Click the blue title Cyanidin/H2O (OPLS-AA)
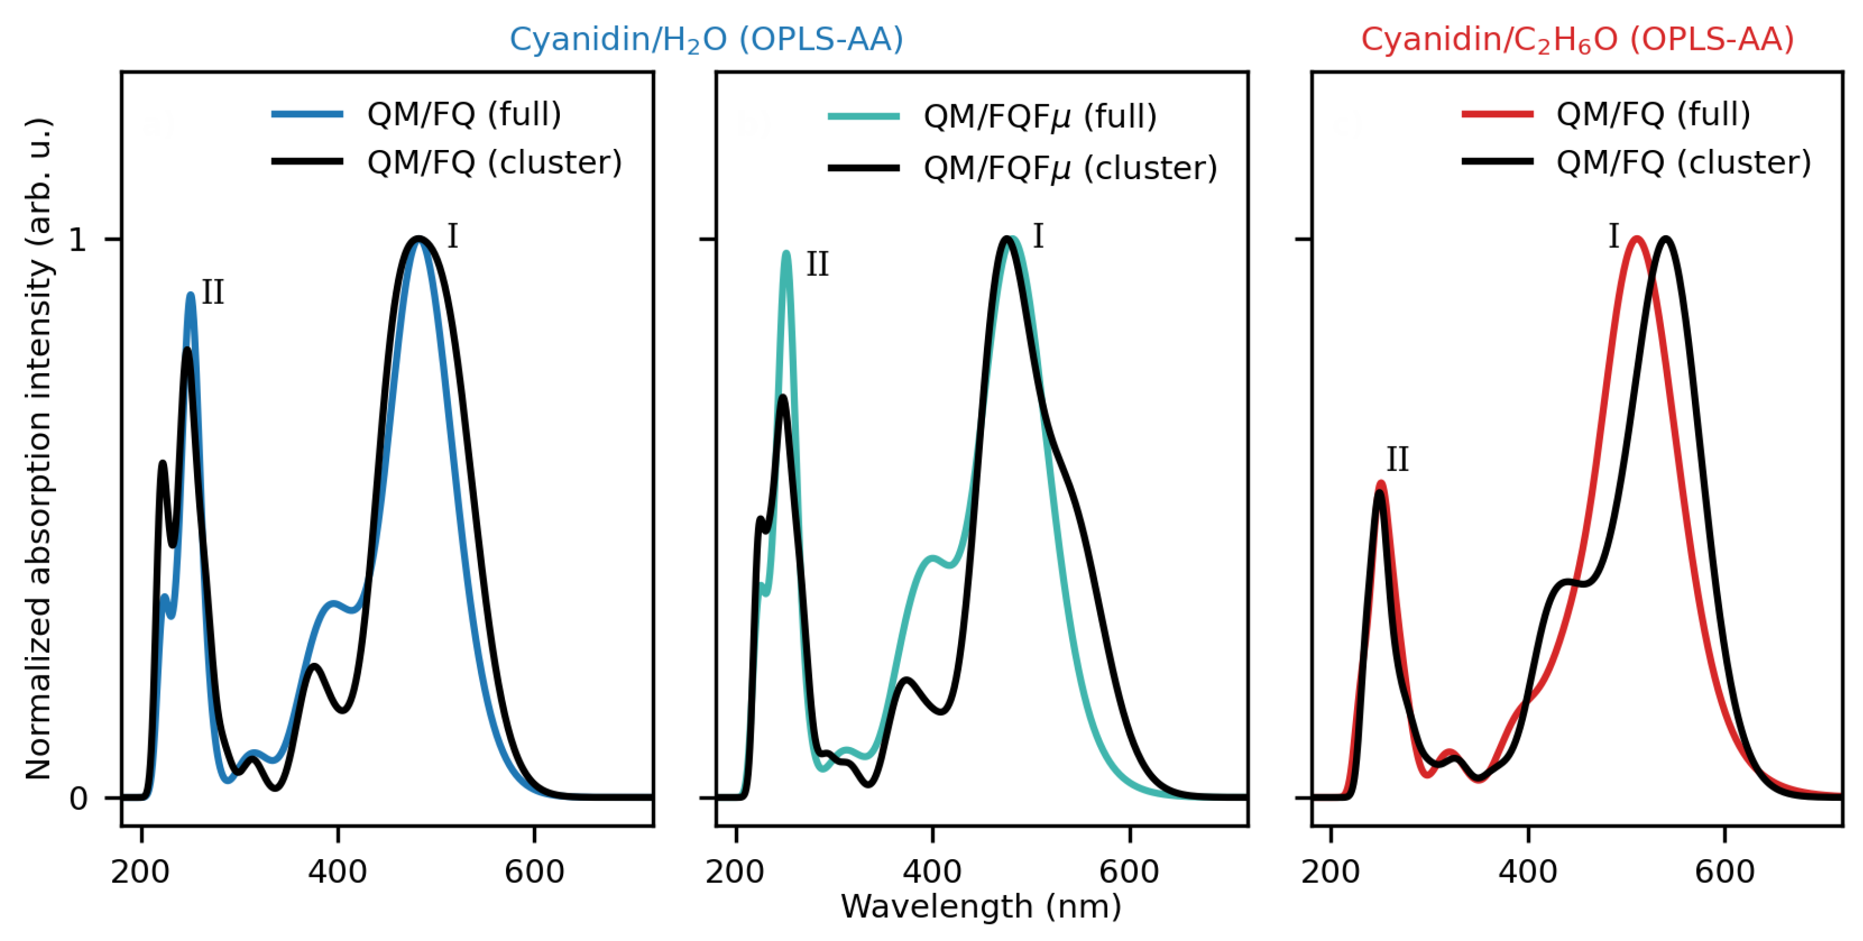pyautogui.click(x=707, y=39)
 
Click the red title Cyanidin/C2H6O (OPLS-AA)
pyautogui.click(x=1577, y=39)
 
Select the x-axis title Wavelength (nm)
pyautogui.click(x=980, y=906)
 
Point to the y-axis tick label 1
pyautogui.click(x=77, y=239)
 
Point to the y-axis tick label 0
pyautogui.click(x=77, y=798)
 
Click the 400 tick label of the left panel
pyautogui.click(x=337, y=872)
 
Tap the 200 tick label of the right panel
pyautogui.click(x=1331, y=872)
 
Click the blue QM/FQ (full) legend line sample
pyautogui.click(x=307, y=113)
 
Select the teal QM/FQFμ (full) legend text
pyautogui.click(x=1040, y=116)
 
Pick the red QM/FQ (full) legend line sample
pyautogui.click(x=1497, y=113)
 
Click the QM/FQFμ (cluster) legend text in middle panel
pyautogui.click(x=1070, y=168)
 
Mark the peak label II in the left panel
pyautogui.click(x=212, y=293)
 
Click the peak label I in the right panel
pyautogui.click(x=1613, y=236)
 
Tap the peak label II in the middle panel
pyautogui.click(x=817, y=264)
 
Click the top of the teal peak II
pyautogui.click(x=787, y=253)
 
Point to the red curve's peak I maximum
pyautogui.click(x=1636, y=239)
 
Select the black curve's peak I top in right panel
pyautogui.click(x=1666, y=239)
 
